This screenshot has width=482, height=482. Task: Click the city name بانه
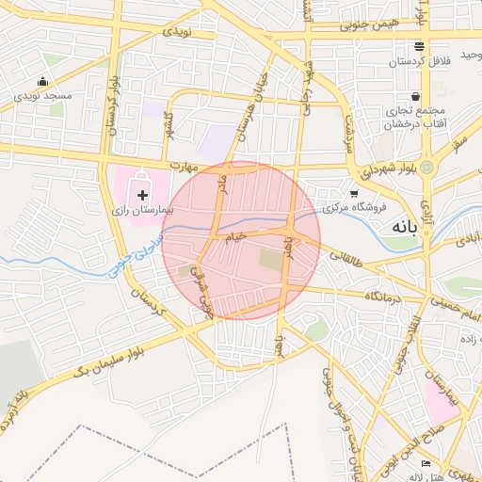pos(404,227)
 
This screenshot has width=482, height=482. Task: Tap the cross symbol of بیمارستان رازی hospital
pos(142,195)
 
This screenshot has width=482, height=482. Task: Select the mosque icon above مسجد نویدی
pos(43,82)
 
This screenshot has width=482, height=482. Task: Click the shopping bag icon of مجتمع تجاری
pos(415,96)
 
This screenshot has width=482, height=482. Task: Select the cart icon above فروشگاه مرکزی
pos(353,193)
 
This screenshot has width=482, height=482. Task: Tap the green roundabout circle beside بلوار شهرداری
pos(426,168)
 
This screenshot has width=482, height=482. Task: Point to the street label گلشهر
pos(169,122)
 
